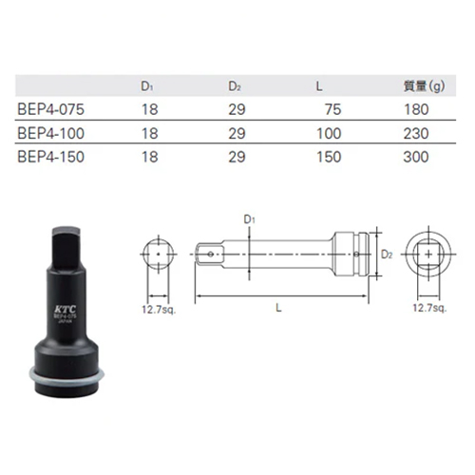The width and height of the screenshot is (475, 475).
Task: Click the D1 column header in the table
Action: (x=147, y=86)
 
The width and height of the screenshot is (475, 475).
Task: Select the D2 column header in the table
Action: (x=235, y=86)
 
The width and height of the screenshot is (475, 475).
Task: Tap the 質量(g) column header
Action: (x=424, y=86)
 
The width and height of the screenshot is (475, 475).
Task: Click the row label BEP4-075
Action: (x=51, y=109)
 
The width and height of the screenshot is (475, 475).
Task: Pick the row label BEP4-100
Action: (x=51, y=133)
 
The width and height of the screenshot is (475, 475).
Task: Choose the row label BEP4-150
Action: (x=51, y=157)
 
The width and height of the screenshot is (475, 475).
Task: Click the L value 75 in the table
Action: (x=333, y=109)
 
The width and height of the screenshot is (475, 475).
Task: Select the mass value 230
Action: (x=416, y=133)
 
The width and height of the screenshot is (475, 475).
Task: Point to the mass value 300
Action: (x=416, y=157)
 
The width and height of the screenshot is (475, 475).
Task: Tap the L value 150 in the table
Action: (x=329, y=157)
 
